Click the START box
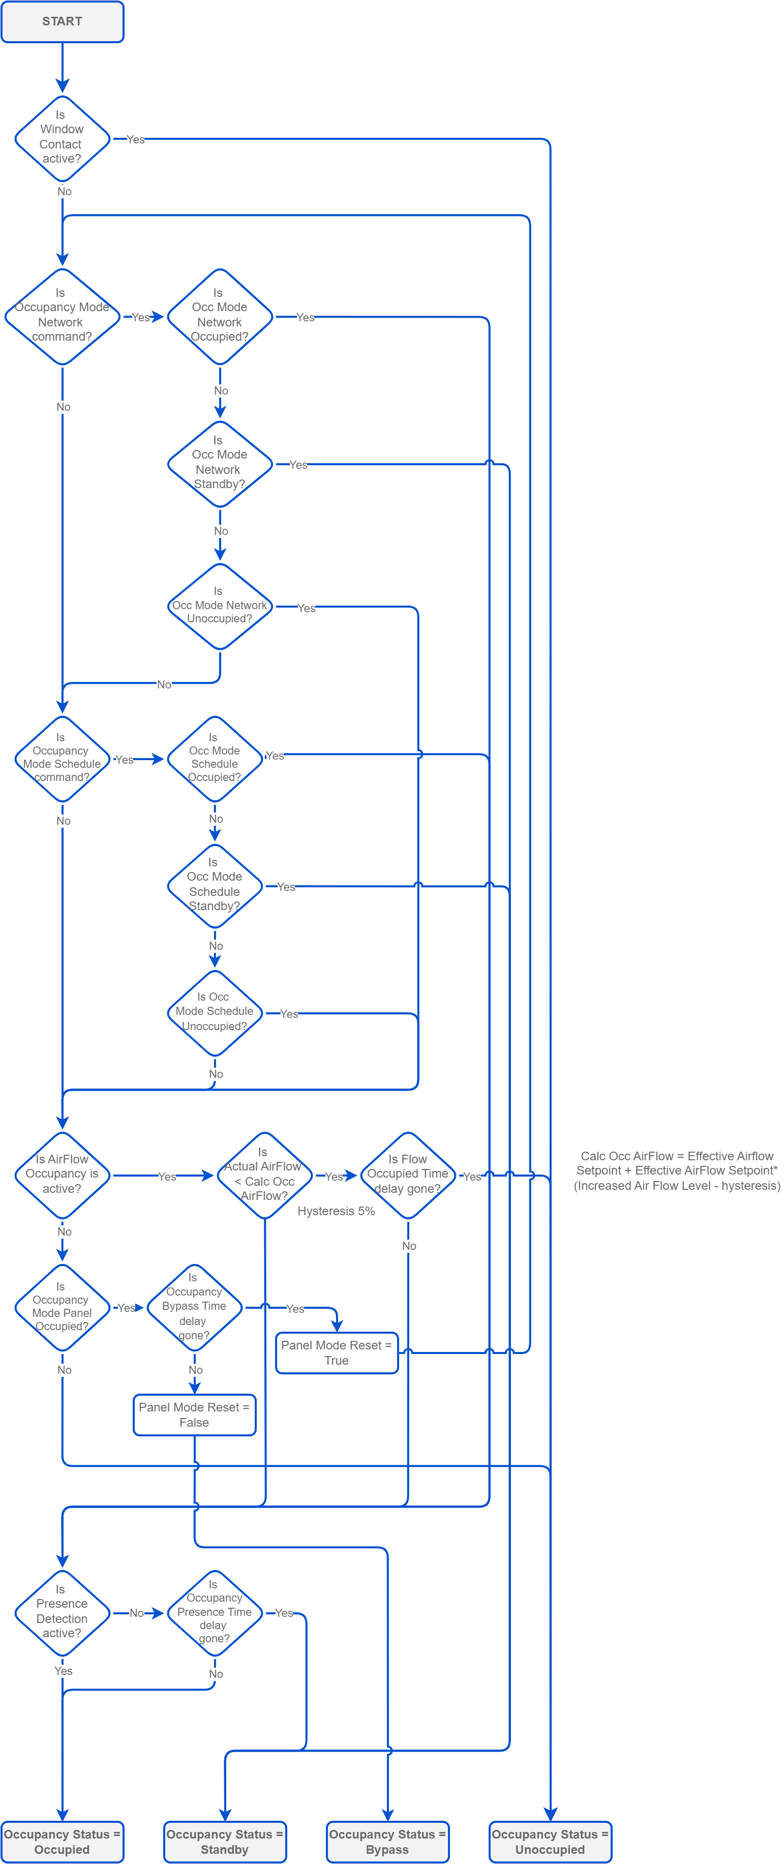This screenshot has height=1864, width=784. click(62, 22)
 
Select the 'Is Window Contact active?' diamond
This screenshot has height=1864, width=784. click(62, 137)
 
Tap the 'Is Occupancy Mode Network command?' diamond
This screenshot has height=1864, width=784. click(62, 315)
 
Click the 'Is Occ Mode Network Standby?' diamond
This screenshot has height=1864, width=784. click(220, 463)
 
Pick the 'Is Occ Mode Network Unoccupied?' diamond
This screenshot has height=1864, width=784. click(220, 607)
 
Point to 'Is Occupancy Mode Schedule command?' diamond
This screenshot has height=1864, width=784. click(62, 758)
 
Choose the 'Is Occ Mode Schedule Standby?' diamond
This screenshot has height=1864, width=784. click(215, 885)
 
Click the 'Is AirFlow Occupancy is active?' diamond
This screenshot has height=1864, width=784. click(62, 1175)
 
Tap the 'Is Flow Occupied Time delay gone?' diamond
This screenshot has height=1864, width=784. click(408, 1175)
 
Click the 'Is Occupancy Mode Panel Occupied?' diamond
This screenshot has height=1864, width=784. click(62, 1307)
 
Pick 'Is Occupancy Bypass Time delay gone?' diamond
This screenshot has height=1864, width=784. click(194, 1307)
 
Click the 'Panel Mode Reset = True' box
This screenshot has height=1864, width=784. click(336, 1352)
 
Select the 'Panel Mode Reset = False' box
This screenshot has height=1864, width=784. click(194, 1415)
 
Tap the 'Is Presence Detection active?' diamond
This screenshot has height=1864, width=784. click(62, 1612)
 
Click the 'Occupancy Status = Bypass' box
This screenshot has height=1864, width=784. click(387, 1842)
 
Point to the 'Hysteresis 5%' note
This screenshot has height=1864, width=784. click(336, 1211)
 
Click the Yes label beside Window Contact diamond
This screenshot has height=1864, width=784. click(135, 140)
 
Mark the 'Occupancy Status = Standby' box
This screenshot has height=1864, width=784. click(225, 1842)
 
